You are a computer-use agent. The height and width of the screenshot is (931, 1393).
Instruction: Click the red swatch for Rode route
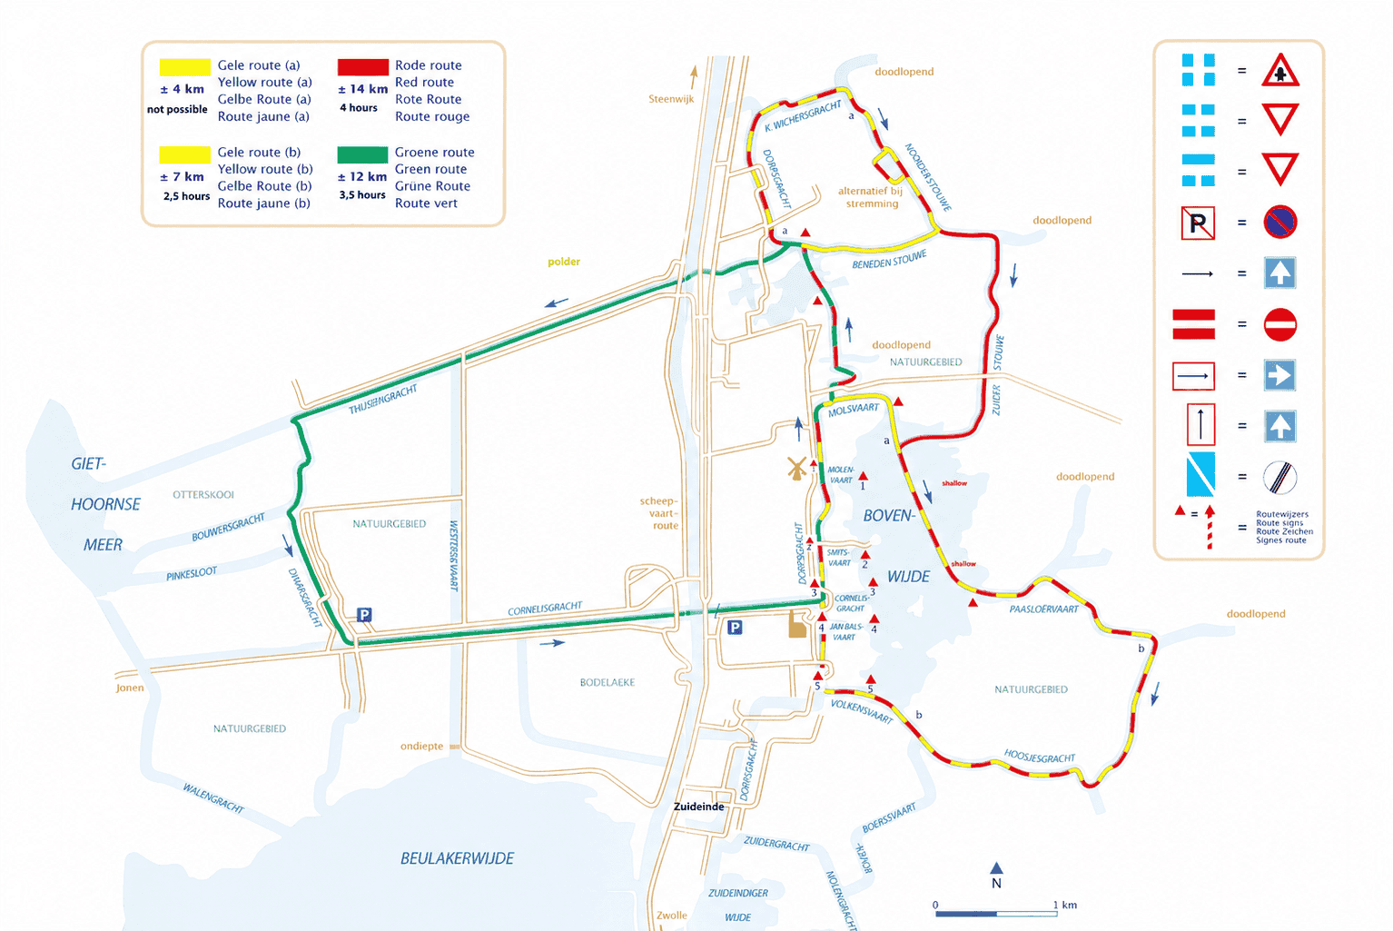click(x=362, y=67)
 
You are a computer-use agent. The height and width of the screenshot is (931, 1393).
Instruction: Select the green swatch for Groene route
click(x=362, y=154)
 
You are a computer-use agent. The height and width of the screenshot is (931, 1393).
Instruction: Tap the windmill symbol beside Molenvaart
click(x=796, y=469)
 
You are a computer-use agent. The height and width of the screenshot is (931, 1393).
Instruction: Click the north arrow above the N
click(x=996, y=868)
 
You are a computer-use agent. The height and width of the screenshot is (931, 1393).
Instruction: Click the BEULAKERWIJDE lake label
click(x=457, y=858)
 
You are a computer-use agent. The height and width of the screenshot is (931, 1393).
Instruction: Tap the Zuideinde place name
click(x=698, y=807)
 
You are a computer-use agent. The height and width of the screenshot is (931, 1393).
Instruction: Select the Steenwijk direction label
click(x=671, y=99)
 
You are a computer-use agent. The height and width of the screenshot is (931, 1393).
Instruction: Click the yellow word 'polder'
click(x=564, y=262)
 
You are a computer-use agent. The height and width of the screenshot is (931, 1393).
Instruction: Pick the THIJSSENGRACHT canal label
click(x=382, y=400)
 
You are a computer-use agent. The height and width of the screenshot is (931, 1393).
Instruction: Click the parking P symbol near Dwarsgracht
click(x=364, y=615)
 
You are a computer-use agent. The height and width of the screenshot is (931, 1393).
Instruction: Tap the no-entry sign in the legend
click(x=1279, y=324)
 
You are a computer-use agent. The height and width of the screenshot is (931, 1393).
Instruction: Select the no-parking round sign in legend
click(x=1279, y=223)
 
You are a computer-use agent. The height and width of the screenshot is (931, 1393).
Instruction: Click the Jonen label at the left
click(x=130, y=688)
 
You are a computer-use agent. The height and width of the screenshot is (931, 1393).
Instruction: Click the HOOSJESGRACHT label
click(x=1039, y=757)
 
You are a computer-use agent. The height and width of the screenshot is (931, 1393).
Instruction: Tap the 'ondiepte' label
click(x=421, y=747)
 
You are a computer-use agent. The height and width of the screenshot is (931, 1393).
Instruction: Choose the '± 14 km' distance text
click(x=362, y=89)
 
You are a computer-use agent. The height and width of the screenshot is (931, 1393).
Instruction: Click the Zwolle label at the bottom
click(x=671, y=916)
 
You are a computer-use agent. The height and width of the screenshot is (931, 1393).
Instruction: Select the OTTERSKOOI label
click(x=203, y=495)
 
